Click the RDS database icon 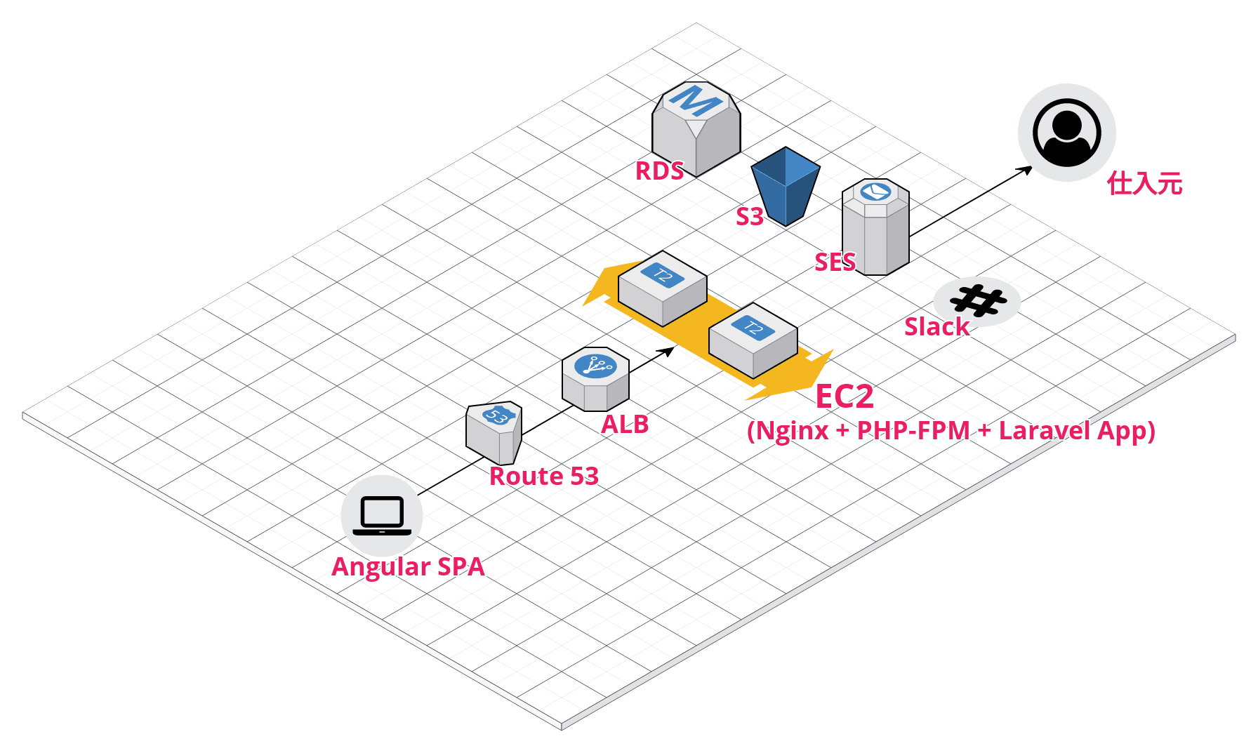pyautogui.click(x=696, y=129)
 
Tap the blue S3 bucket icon pyautogui.click(x=786, y=186)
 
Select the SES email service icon pyautogui.click(x=875, y=227)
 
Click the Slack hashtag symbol pyautogui.click(x=977, y=301)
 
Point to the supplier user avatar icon pyautogui.click(x=1066, y=133)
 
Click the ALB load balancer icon pyautogui.click(x=595, y=379)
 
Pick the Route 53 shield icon pyautogui.click(x=494, y=432)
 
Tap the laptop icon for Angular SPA pyautogui.click(x=382, y=516)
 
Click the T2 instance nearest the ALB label pyautogui.click(x=753, y=341)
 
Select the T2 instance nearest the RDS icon pyautogui.click(x=663, y=288)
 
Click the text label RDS pyautogui.click(x=659, y=171)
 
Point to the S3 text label pyautogui.click(x=749, y=216)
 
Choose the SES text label pyautogui.click(x=835, y=262)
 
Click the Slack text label pyautogui.click(x=936, y=326)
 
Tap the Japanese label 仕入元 pyautogui.click(x=1145, y=183)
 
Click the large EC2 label pyautogui.click(x=845, y=397)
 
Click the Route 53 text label pyautogui.click(x=544, y=476)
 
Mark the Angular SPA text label pyautogui.click(x=408, y=567)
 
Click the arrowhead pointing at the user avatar pyautogui.click(x=1026, y=170)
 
